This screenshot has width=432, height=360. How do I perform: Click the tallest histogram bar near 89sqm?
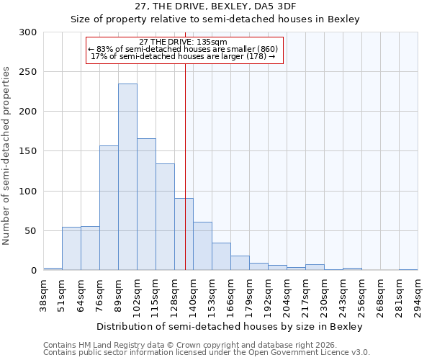[x=127, y=177]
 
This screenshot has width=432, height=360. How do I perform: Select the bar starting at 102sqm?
[x=146, y=204]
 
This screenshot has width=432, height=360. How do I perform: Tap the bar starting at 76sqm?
[x=109, y=208]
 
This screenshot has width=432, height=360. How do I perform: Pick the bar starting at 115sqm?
[x=165, y=217]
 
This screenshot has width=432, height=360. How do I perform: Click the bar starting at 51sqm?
[x=71, y=248]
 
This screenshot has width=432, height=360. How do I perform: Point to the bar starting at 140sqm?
[x=202, y=246]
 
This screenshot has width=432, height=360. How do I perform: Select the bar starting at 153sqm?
[x=221, y=256]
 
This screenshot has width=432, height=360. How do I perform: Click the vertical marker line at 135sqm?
[x=186, y=166]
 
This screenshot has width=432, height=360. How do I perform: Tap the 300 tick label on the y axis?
[x=28, y=32]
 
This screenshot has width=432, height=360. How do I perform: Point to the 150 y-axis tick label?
[x=28, y=151]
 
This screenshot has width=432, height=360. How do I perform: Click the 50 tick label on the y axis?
[x=31, y=231]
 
